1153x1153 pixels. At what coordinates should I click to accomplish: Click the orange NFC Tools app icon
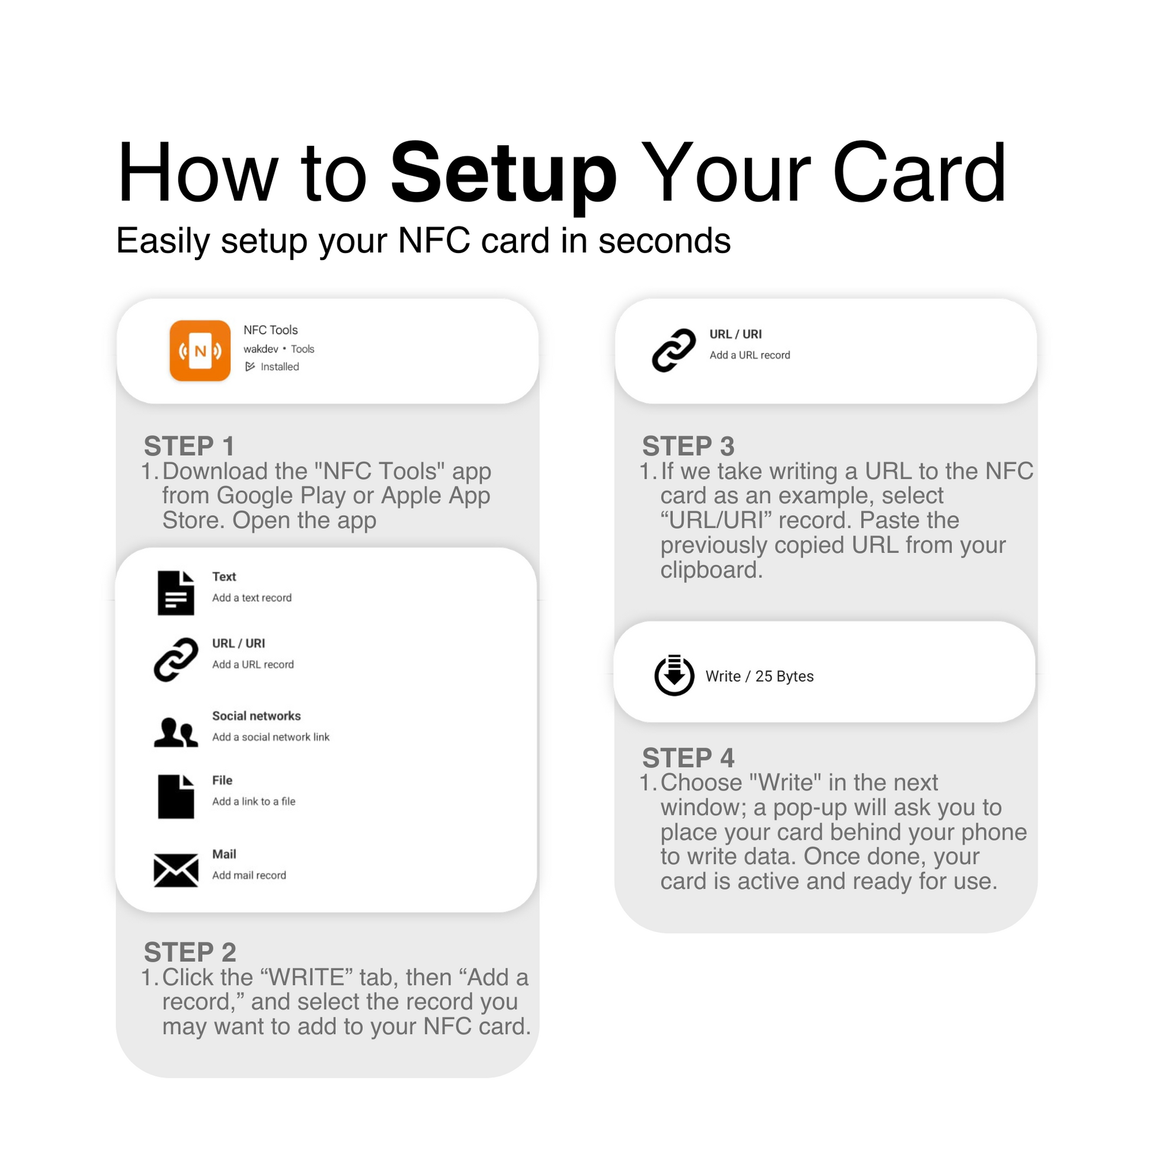200,350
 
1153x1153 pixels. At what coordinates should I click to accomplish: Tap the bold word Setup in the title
503,174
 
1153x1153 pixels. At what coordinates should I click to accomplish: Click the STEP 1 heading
189,446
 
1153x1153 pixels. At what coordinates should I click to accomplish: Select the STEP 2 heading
190,952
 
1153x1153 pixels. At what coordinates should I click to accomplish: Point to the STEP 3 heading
688,446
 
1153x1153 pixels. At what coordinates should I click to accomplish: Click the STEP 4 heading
688,757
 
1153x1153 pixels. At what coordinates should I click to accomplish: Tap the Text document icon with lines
176,592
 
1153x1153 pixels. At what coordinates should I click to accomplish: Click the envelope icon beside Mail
176,870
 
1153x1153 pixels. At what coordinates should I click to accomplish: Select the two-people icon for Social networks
176,732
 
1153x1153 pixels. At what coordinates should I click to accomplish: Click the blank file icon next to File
176,797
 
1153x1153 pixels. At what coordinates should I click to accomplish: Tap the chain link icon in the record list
176,659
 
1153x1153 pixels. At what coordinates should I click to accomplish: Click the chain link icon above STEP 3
674,350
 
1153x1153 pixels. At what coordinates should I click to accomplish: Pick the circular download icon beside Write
674,675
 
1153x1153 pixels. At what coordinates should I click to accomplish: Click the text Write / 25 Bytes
759,676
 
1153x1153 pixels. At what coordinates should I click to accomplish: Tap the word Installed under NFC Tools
279,366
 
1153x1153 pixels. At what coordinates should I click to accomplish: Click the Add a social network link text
271,737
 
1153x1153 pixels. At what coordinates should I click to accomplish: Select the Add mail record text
249,875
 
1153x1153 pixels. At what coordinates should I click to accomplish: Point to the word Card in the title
919,174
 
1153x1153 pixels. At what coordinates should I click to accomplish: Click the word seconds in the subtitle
664,241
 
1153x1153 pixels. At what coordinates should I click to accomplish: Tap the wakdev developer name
261,349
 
